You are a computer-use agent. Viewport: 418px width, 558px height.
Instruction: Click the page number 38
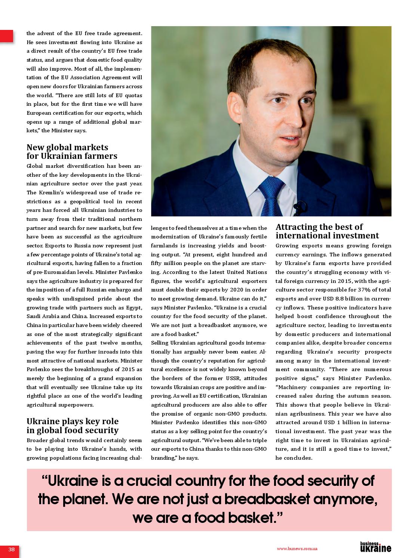[x=11, y=549]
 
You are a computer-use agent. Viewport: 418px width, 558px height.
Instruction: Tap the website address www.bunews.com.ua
[x=297, y=549]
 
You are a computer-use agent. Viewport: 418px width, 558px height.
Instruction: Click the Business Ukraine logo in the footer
[x=375, y=547]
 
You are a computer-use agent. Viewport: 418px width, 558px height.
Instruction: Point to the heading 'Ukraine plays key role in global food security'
[x=73, y=426]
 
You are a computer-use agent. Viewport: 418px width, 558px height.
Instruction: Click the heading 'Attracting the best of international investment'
[x=327, y=231]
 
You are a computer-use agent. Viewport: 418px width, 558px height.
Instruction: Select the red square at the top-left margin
[x=6, y=36]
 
